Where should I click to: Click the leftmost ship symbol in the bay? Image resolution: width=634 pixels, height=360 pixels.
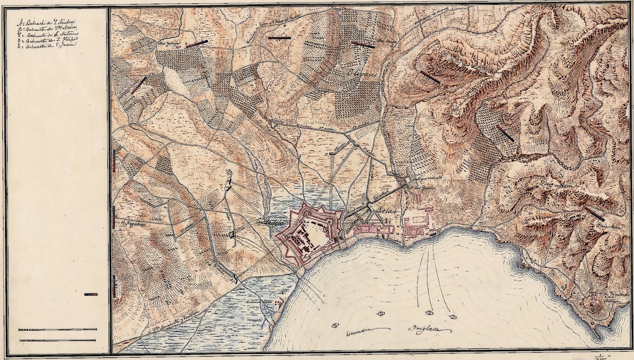335,326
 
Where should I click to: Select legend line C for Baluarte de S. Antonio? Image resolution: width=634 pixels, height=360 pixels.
47,34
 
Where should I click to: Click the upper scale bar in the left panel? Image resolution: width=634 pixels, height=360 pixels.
58,330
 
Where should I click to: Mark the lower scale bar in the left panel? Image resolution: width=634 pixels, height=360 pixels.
58,340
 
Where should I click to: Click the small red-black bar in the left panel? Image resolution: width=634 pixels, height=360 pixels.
91,294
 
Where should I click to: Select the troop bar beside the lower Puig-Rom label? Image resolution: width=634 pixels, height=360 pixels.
594,213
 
